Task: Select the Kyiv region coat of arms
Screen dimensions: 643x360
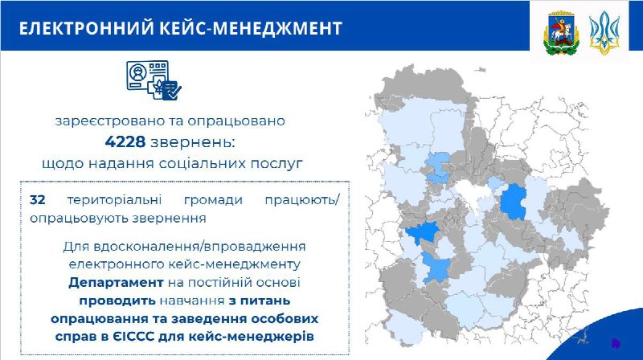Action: point(561,34)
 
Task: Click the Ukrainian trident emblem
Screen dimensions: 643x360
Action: point(604,33)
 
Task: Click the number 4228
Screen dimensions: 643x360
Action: point(125,142)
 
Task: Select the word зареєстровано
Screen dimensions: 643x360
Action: point(109,121)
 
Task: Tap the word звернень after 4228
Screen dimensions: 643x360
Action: point(193,142)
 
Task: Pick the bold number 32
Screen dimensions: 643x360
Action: point(37,200)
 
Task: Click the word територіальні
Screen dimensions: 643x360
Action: point(114,200)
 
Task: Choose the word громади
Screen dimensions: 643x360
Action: point(213,201)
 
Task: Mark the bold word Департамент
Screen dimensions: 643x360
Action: point(116,283)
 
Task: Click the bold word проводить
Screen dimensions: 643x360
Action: point(117,301)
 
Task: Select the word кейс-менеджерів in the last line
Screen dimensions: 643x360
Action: point(252,337)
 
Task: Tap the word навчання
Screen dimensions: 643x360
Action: point(192,301)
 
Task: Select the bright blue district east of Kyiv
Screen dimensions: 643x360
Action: point(514,202)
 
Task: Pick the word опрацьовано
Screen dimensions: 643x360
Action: point(236,121)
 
